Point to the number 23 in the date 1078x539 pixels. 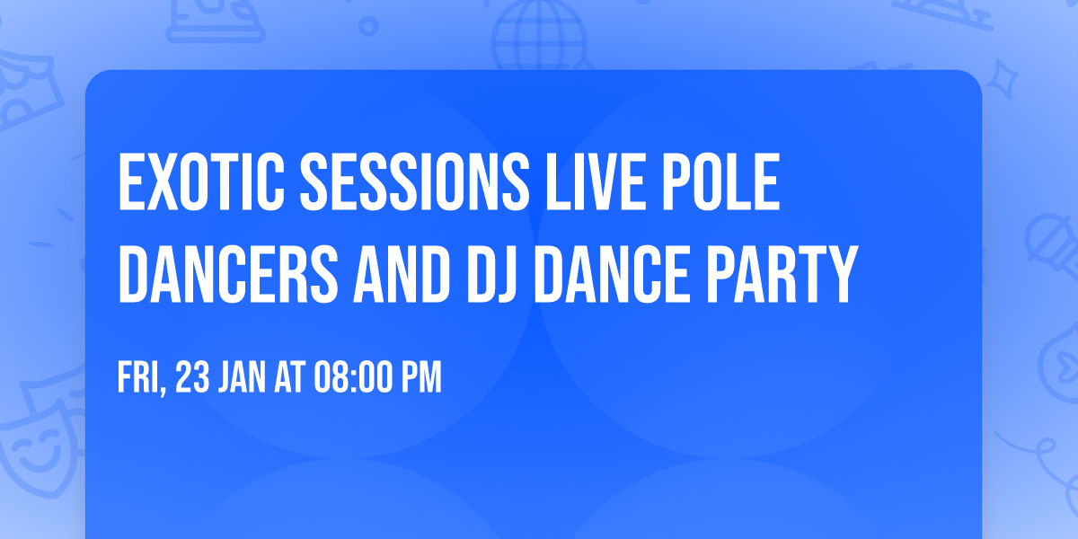[193, 378]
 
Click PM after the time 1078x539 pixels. [420, 378]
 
